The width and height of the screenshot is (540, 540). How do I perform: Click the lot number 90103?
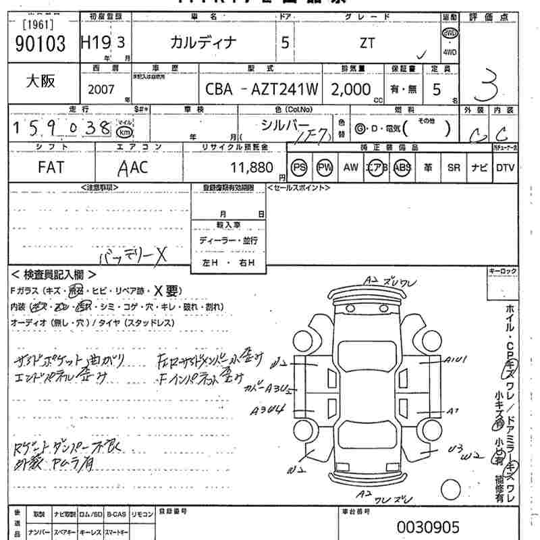pyautogui.click(x=40, y=45)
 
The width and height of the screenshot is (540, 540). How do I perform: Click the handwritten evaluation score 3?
pyautogui.click(x=491, y=86)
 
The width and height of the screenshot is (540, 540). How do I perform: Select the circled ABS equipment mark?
pyautogui.click(x=402, y=167)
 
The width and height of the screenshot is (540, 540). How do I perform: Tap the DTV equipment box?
pyautogui.click(x=504, y=167)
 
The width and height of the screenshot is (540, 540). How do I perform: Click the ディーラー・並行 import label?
pyautogui.click(x=227, y=240)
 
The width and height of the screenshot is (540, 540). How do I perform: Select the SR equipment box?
pyautogui.click(x=453, y=167)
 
